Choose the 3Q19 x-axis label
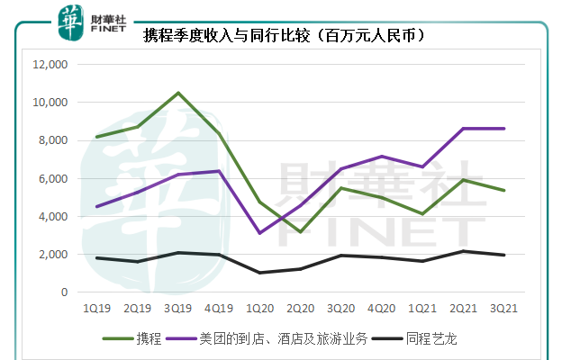click(177, 309)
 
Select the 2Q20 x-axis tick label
click(300, 309)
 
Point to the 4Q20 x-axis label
click(382, 309)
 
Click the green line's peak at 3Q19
click(177, 93)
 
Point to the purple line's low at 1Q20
click(259, 233)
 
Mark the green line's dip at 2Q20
click(300, 232)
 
